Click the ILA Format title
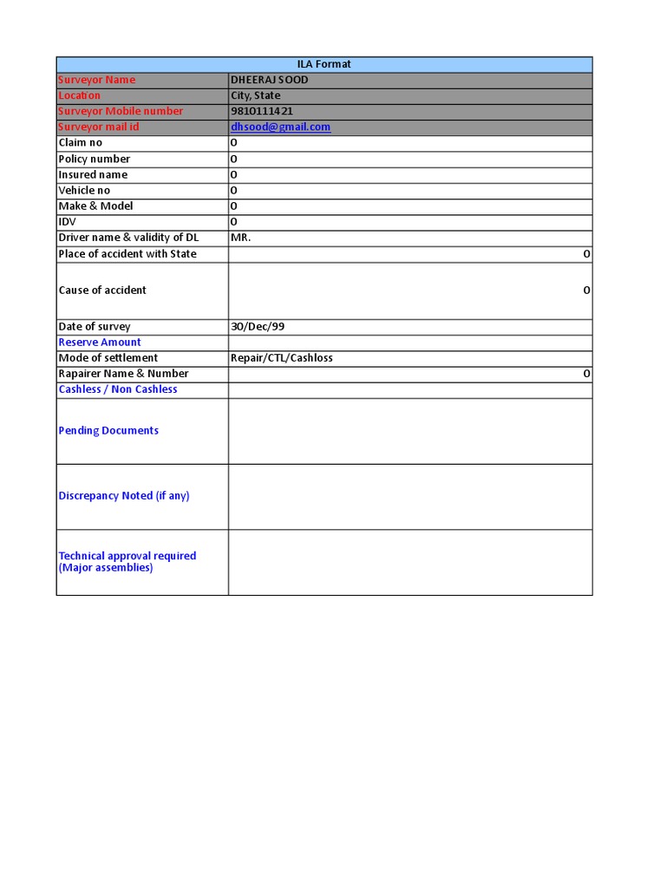coord(323,64)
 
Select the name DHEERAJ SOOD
coord(269,80)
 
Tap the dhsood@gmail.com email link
coord(280,127)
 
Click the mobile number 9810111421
coord(262,111)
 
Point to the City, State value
coord(255,95)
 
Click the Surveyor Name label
coord(96,80)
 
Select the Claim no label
coord(80,142)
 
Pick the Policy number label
coord(94,159)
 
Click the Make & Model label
coord(95,206)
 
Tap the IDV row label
coord(68,222)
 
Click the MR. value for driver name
coord(240,238)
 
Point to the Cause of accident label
coord(102,291)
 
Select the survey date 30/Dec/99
coord(257,327)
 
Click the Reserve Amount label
coord(99,343)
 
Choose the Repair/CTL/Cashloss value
coord(281,358)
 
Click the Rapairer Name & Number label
coord(123,374)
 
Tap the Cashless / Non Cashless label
coord(117,389)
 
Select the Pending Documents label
coord(108,431)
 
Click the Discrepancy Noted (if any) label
coord(123,496)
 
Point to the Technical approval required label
coord(127,556)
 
